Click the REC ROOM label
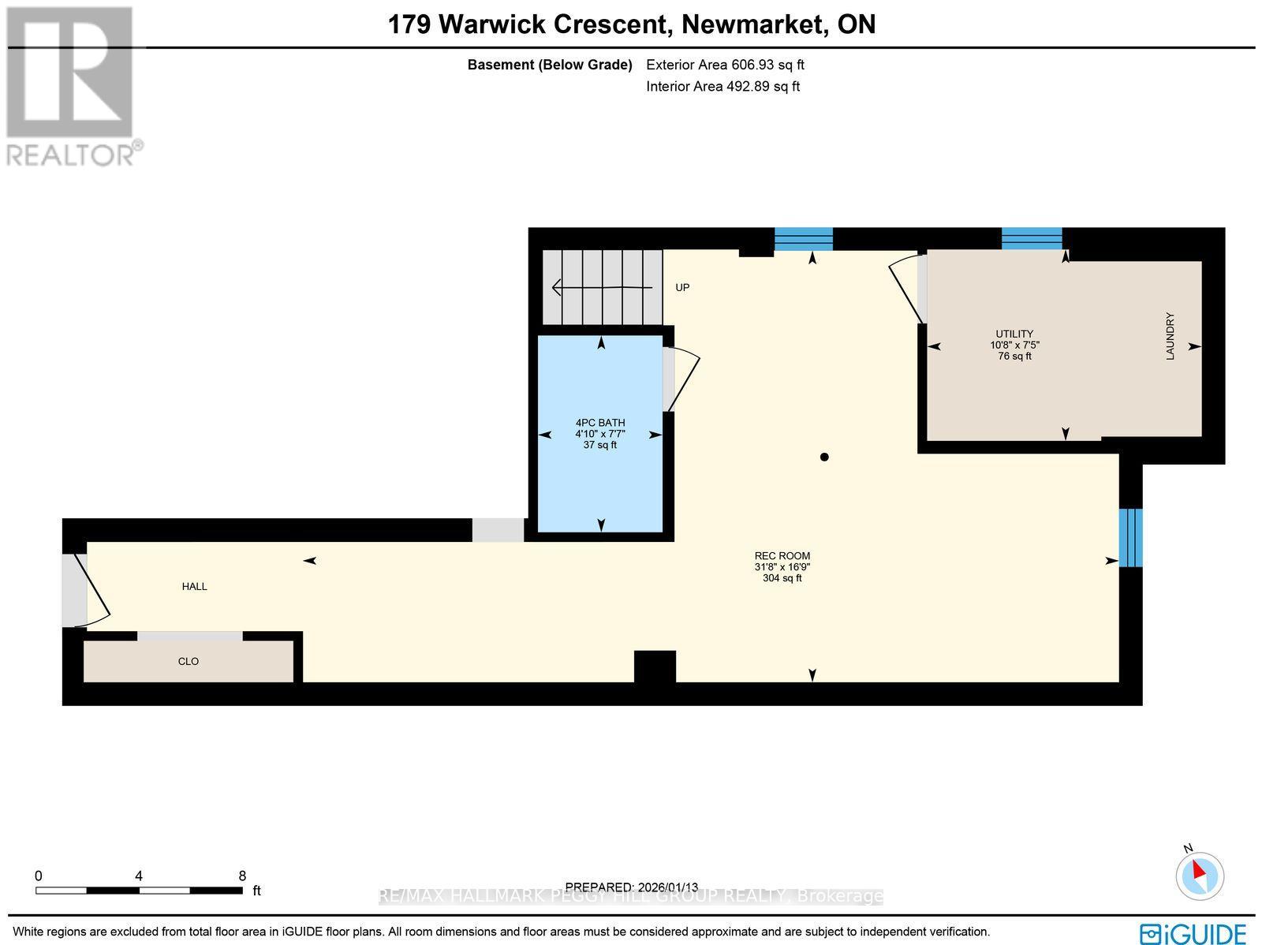click(x=782, y=556)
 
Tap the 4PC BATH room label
click(x=600, y=423)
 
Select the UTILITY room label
click(x=1014, y=334)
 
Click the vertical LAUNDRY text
click(x=1171, y=337)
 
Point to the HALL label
click(x=195, y=587)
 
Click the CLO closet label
click(x=189, y=662)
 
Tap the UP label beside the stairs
click(x=682, y=288)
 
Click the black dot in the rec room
click(x=824, y=457)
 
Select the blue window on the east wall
click(x=1130, y=538)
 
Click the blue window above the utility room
click(x=1032, y=238)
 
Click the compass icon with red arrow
click(x=1200, y=875)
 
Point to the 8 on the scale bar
click(x=242, y=876)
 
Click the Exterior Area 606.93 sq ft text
click(x=725, y=65)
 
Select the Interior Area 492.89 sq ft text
click(x=722, y=87)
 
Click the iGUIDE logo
click(x=1193, y=932)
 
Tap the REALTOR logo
click(x=73, y=87)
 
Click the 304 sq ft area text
click(x=782, y=578)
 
